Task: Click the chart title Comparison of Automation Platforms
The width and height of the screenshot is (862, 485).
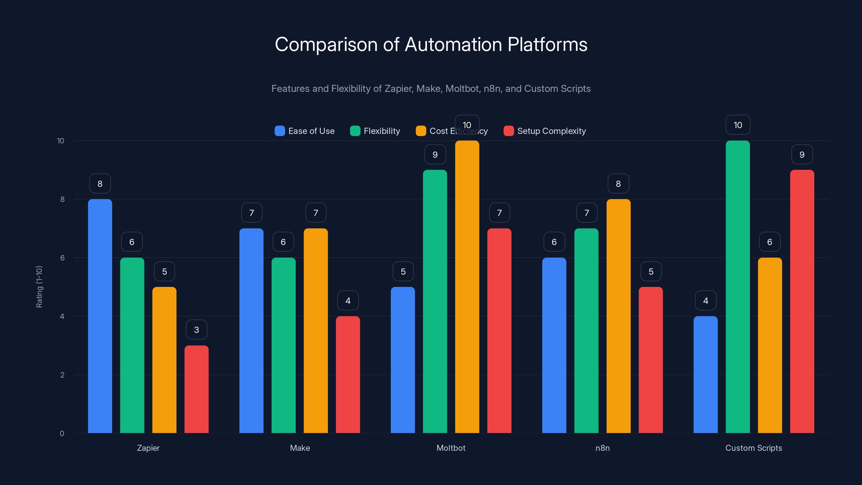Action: (x=431, y=44)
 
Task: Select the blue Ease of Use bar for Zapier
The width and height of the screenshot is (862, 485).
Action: (x=100, y=316)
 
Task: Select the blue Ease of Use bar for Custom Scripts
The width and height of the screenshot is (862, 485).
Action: (x=705, y=375)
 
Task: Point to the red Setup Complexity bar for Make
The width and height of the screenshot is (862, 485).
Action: (x=348, y=375)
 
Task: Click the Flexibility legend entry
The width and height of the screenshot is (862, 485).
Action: (x=375, y=131)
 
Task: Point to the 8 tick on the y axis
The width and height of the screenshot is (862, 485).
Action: (x=62, y=199)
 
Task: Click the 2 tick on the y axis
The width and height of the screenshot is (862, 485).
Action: (x=62, y=375)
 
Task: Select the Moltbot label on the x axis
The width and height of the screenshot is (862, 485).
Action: (x=451, y=448)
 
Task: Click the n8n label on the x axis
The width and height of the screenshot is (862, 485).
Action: (x=602, y=448)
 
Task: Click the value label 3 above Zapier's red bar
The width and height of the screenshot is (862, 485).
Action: (x=196, y=330)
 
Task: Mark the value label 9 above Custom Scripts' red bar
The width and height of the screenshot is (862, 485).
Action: (x=802, y=155)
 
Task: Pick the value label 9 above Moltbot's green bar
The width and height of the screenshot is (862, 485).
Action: (x=435, y=155)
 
